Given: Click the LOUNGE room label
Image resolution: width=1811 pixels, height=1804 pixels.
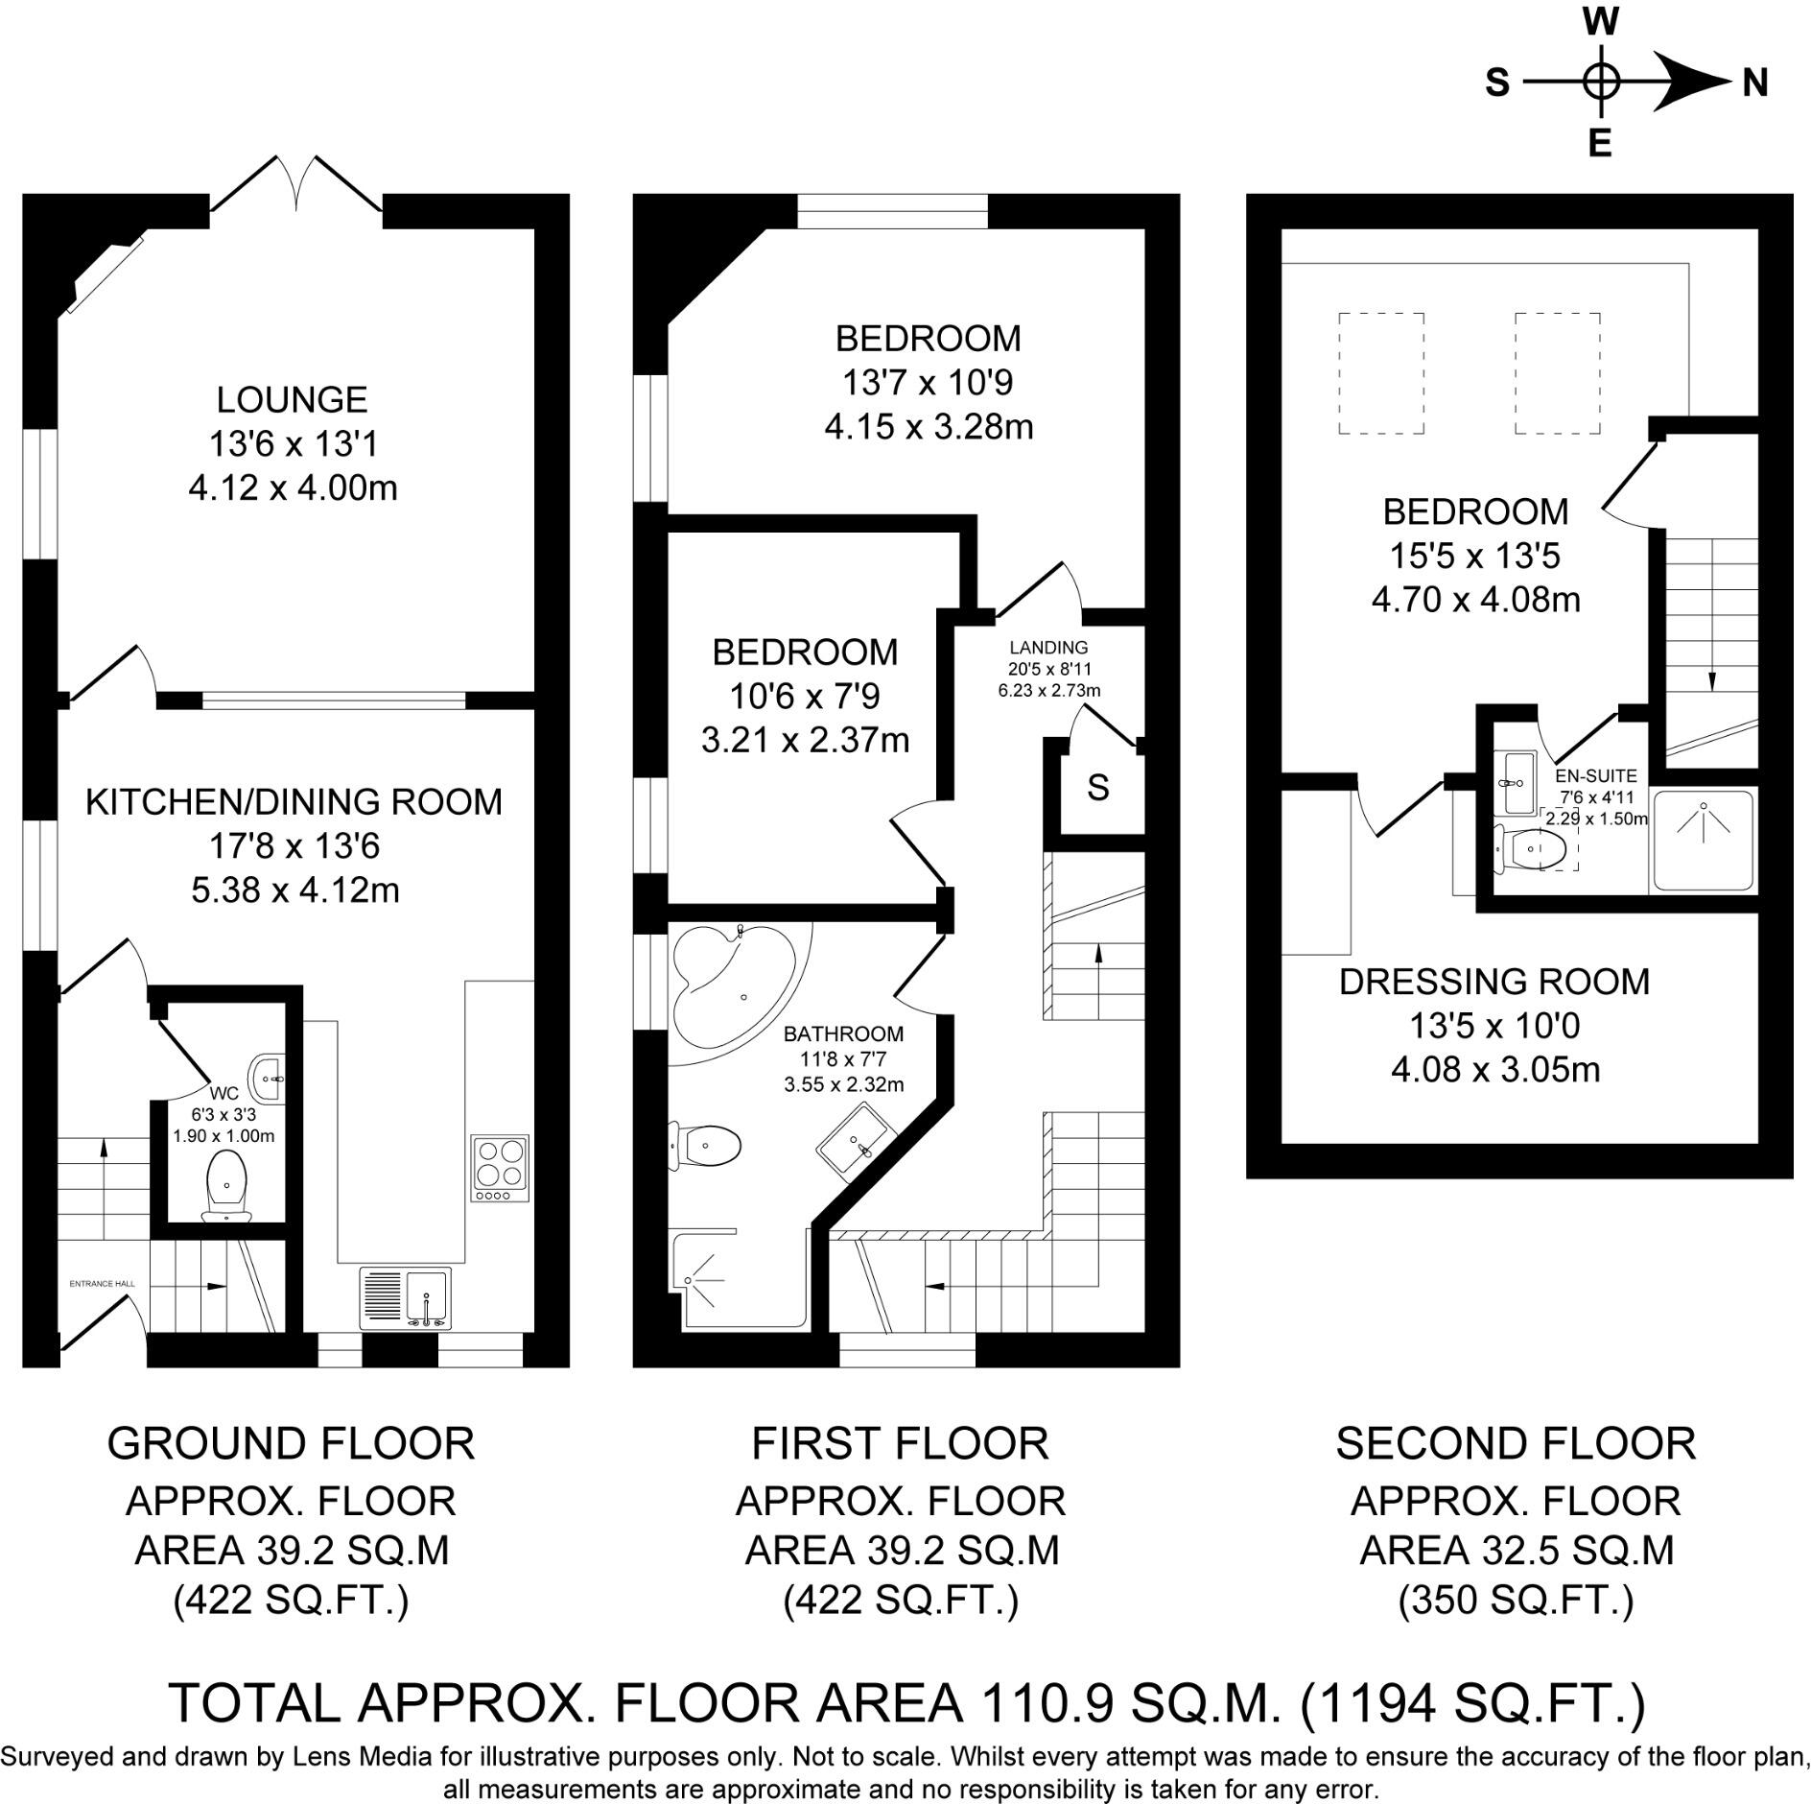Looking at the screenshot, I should (292, 399).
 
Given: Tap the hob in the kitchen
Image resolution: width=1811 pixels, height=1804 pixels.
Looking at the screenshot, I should (500, 1168).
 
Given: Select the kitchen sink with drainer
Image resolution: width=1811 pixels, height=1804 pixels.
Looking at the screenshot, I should (406, 1298).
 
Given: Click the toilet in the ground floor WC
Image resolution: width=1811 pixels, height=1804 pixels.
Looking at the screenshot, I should (226, 1186).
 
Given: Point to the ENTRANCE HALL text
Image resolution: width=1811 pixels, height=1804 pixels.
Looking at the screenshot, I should (102, 1283).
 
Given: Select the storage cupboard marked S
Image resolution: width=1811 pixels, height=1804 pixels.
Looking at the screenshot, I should (1098, 788).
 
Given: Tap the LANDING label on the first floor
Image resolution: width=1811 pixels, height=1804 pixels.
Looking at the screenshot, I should (1048, 648).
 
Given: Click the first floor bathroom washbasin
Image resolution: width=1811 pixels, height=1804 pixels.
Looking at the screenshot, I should (858, 1140).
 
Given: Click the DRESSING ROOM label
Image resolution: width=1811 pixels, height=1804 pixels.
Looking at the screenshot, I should (1493, 982).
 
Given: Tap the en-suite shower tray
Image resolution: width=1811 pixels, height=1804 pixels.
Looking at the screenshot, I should (1703, 841).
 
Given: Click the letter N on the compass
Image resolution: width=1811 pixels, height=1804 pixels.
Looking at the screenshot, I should (1754, 84).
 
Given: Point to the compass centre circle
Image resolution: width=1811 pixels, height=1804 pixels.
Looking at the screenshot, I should (1599, 81).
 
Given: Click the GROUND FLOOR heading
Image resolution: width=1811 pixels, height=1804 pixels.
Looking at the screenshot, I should (291, 1443).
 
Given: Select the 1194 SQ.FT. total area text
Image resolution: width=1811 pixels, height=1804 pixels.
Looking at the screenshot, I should (1473, 1702).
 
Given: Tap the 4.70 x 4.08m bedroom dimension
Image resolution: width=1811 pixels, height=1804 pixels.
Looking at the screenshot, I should (1475, 601).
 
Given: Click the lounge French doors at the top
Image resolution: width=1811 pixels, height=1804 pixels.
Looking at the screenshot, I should (296, 184).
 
